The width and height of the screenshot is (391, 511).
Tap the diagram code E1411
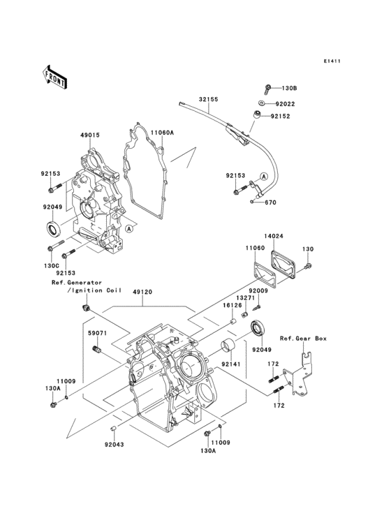(x=332, y=61)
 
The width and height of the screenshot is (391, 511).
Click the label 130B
(x=289, y=89)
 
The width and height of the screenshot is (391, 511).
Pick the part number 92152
(x=281, y=117)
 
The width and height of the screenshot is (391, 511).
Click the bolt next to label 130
(x=310, y=265)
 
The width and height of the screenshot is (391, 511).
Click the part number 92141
(x=231, y=363)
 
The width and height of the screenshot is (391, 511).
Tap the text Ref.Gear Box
(x=303, y=338)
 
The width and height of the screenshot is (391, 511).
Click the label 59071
(x=96, y=333)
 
